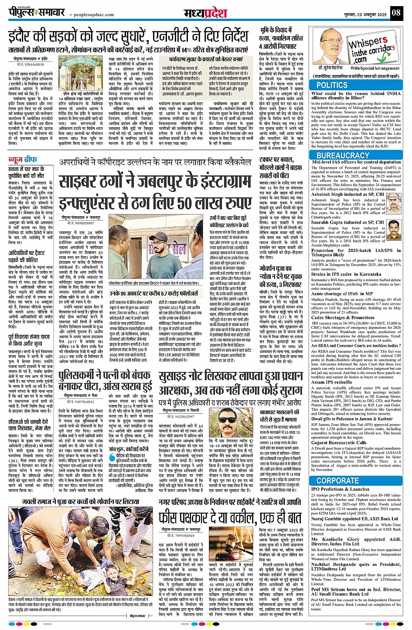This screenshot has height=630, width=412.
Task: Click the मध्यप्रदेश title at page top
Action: click(x=205, y=12)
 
